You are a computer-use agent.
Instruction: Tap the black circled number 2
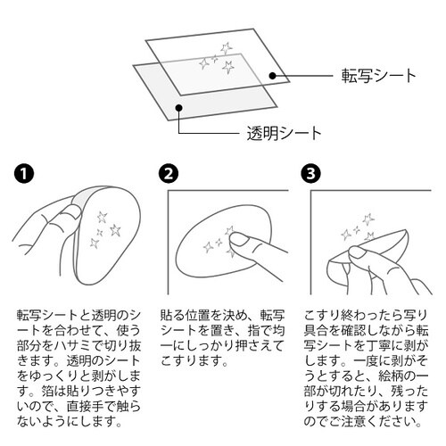coord(170,175)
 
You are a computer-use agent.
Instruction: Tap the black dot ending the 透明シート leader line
coord(179,108)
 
